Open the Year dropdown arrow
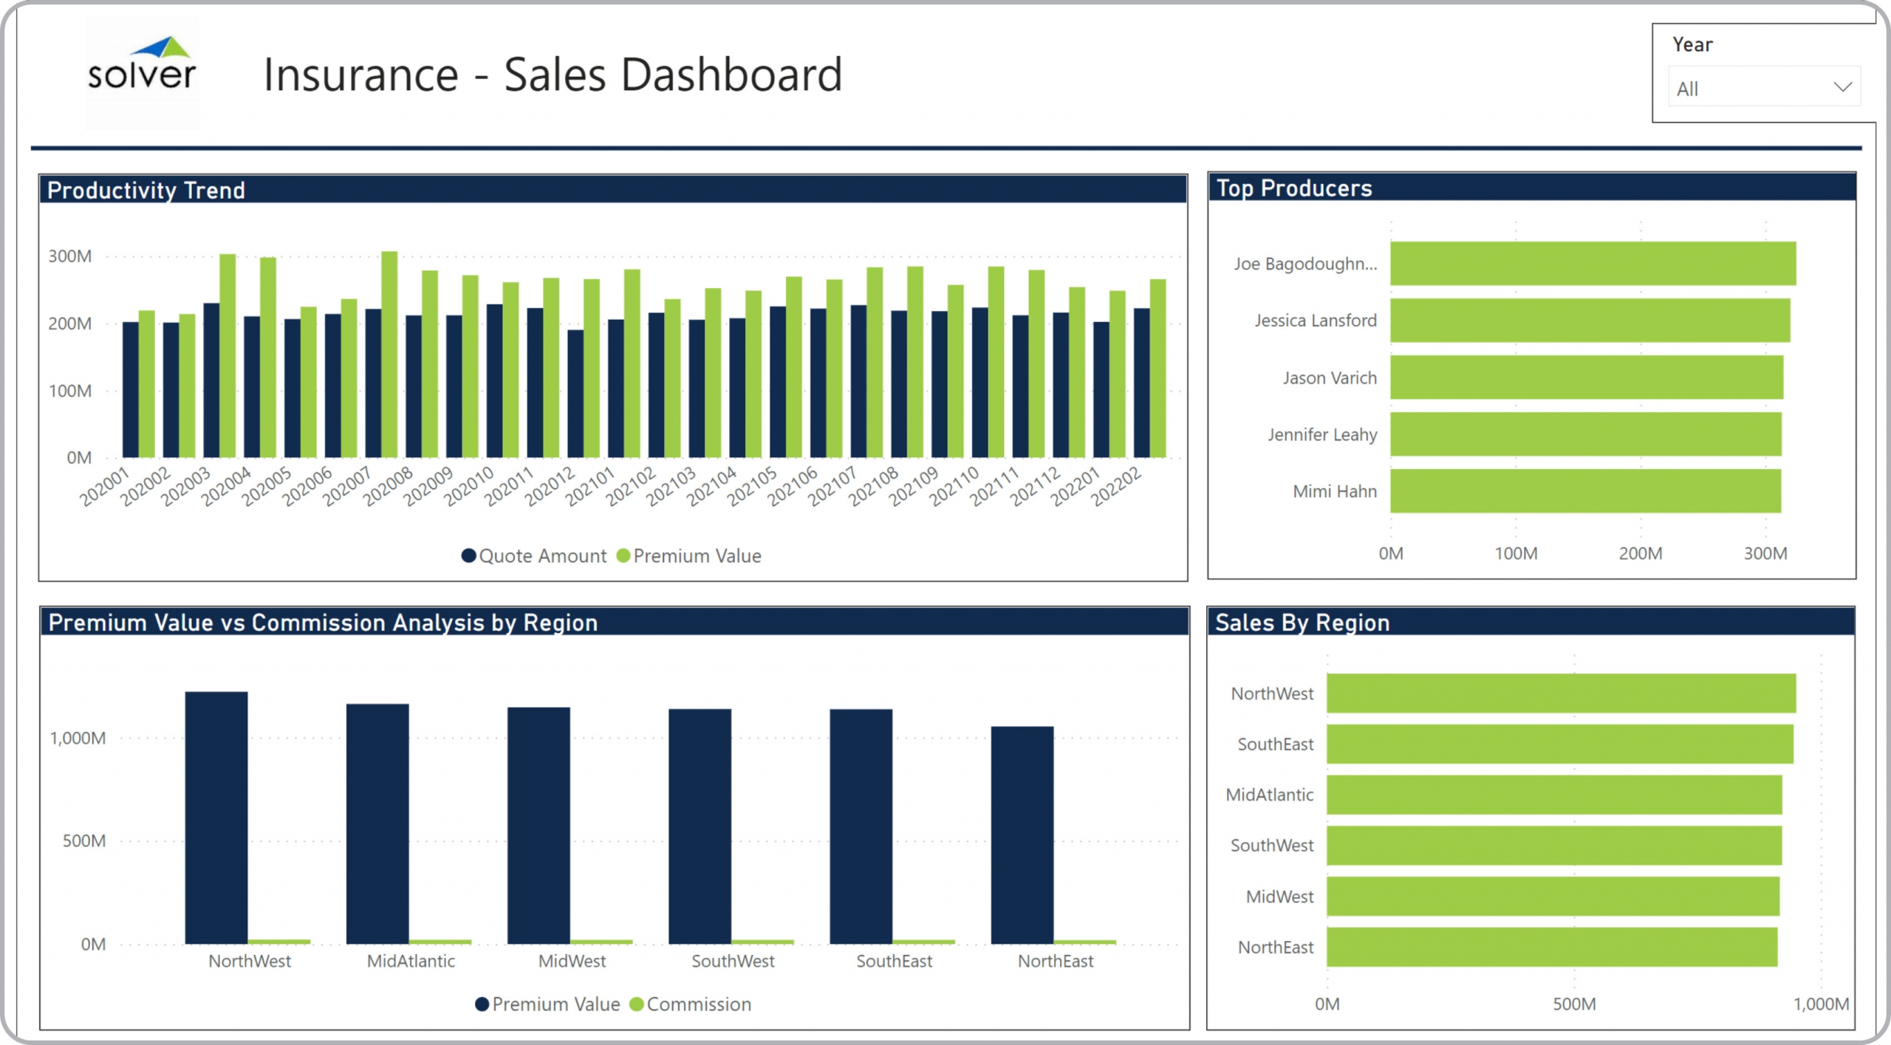coord(1842,87)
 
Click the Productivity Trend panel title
coord(146,191)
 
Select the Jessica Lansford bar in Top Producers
coord(1590,321)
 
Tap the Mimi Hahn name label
coord(1334,492)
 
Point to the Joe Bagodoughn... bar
coord(1593,264)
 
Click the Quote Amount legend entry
coord(533,556)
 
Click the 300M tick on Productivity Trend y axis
coord(70,256)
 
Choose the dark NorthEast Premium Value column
coord(1022,835)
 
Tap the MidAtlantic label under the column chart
coord(411,962)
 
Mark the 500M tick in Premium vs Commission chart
coord(83,841)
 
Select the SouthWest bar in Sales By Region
coord(1553,846)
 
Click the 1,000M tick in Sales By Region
coord(1821,1004)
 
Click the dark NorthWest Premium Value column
coord(216,818)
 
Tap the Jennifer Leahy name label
coord(1321,435)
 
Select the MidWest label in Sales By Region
coord(1279,897)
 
